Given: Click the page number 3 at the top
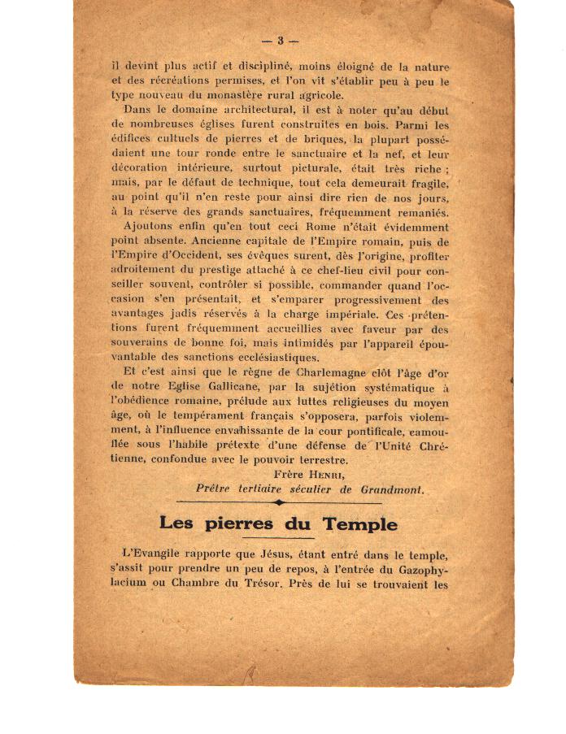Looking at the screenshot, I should [x=279, y=40].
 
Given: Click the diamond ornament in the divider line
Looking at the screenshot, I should [x=280, y=503].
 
